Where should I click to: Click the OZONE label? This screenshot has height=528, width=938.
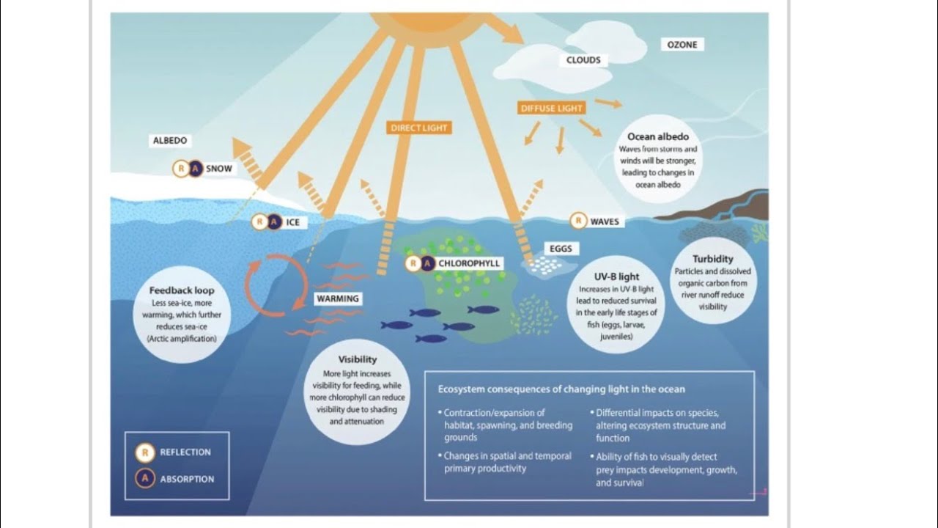(x=682, y=45)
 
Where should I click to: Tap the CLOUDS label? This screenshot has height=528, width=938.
(x=583, y=60)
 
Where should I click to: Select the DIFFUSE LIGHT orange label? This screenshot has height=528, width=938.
(x=552, y=109)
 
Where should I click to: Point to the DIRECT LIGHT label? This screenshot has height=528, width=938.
(x=418, y=128)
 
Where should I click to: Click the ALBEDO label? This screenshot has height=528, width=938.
(x=170, y=140)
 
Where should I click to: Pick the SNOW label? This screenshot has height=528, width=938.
(x=218, y=169)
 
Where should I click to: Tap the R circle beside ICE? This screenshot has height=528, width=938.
(x=259, y=221)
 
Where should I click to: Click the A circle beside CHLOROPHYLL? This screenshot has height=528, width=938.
(x=427, y=263)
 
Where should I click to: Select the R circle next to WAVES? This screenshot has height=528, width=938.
(x=578, y=221)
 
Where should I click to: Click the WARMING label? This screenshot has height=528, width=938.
(x=338, y=298)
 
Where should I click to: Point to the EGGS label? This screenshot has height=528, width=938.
(x=561, y=249)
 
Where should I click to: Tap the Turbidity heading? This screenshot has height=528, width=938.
(x=712, y=259)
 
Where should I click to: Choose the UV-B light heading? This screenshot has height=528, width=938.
(x=616, y=276)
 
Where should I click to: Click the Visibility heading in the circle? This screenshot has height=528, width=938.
(x=358, y=359)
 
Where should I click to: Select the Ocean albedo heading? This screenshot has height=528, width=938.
(x=658, y=136)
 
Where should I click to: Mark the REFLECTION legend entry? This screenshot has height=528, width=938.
(x=185, y=452)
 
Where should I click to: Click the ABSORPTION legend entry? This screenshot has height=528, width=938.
(x=187, y=479)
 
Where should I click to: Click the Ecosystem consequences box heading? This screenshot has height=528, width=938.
(x=561, y=389)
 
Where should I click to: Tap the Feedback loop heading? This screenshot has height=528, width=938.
(x=182, y=290)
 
